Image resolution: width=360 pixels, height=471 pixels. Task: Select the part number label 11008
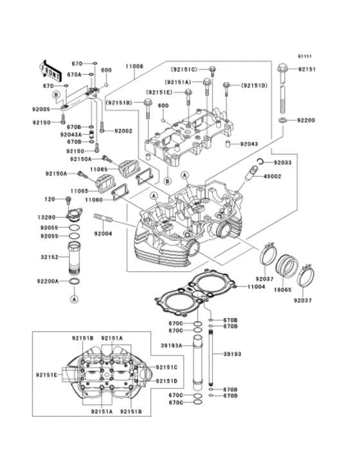coord(134,66)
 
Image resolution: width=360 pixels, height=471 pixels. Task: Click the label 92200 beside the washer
coord(305,120)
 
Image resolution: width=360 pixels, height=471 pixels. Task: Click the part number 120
coord(50,200)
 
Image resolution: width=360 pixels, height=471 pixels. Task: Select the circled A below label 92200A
coord(74,299)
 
